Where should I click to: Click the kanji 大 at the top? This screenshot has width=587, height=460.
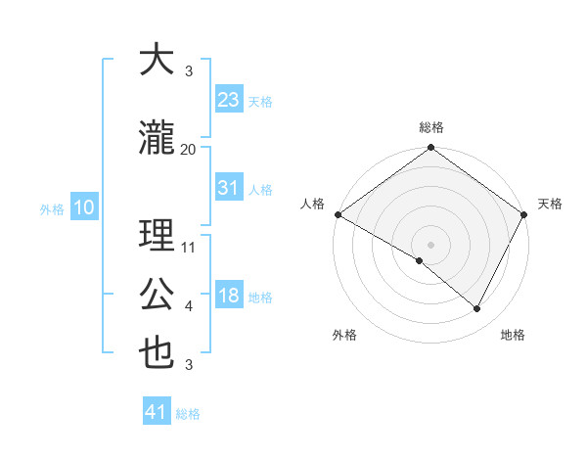point(157,60)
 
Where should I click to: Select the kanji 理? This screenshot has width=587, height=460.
point(157,236)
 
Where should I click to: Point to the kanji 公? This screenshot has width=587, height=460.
point(157,295)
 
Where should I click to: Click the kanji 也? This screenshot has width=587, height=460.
point(157,353)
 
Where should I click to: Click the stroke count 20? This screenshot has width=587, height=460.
point(189,149)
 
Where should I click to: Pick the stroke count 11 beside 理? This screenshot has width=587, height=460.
point(189,248)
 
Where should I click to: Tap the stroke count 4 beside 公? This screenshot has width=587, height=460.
point(189,306)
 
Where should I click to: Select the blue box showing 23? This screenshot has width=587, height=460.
point(229,99)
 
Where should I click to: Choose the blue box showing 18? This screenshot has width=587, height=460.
point(229,296)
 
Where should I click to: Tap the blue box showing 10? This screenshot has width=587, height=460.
point(83,207)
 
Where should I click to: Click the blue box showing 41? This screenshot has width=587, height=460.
point(158,412)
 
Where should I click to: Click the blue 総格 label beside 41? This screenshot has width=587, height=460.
point(188,414)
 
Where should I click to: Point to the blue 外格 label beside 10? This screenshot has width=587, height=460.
point(51,208)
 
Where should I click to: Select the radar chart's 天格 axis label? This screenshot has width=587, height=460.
point(550,204)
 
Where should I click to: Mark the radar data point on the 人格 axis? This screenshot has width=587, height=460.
point(338,214)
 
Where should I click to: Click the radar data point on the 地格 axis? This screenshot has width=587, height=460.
point(477,309)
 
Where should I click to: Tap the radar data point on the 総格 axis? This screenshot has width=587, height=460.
point(430,149)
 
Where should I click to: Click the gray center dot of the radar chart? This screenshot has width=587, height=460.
point(430,244)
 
